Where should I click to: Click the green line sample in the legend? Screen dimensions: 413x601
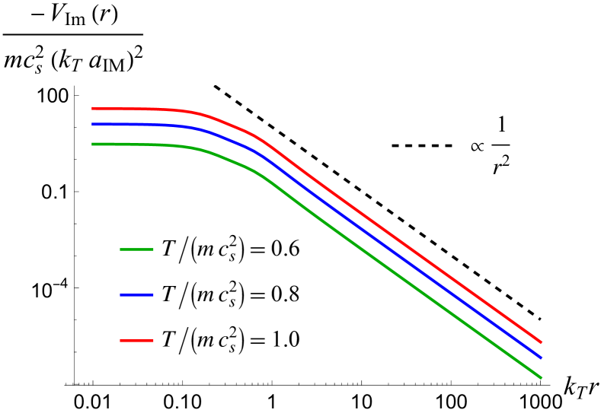coord(137,249)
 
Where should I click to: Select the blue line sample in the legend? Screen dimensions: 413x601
coord(137,295)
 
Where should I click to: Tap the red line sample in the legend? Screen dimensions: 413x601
coord(137,341)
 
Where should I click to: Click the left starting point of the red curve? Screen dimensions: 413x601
coord(92,109)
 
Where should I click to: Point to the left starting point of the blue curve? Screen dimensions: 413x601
coord(92,124)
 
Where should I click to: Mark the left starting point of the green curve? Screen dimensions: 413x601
coord(92,144)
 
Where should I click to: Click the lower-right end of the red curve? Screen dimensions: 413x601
coord(541,343)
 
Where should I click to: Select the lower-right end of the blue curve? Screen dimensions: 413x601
coord(541,357)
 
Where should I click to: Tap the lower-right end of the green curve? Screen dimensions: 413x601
coord(541,377)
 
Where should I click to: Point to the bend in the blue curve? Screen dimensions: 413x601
coord(259,154)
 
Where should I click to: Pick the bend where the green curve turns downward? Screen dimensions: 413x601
coord(259,174)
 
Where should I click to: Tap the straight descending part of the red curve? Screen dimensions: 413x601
coord(404,245)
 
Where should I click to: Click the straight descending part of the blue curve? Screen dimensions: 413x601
coord(404,259)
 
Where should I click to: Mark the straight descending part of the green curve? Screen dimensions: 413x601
coord(404,279)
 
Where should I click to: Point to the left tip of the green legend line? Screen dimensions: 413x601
coord(120,249)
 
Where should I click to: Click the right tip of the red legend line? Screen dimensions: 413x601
coord(153,341)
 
